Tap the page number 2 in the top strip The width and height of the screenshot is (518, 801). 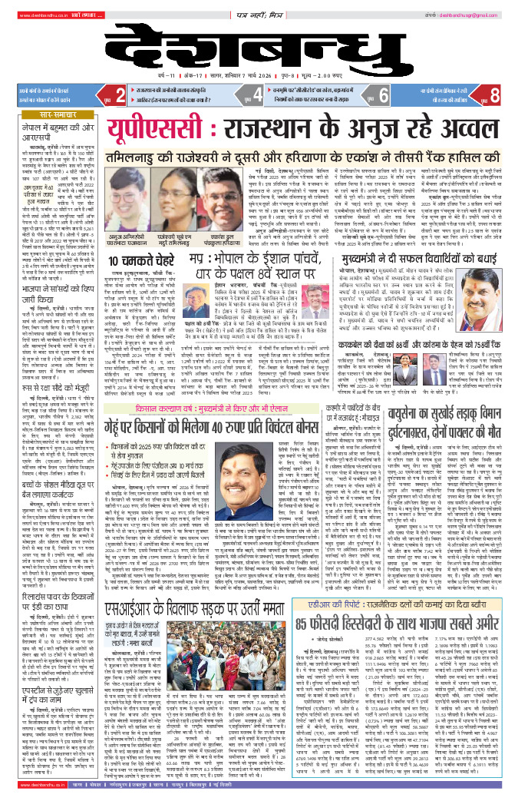120,95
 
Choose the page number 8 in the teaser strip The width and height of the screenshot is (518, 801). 493,95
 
